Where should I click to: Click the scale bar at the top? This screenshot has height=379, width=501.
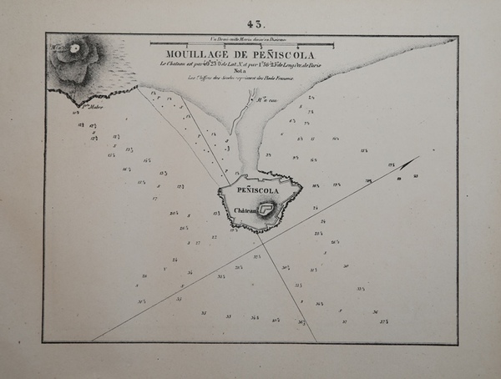(x=242, y=43)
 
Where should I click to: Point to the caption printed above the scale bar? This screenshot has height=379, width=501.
(x=242, y=38)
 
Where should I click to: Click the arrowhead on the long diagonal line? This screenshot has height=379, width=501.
(x=414, y=159)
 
